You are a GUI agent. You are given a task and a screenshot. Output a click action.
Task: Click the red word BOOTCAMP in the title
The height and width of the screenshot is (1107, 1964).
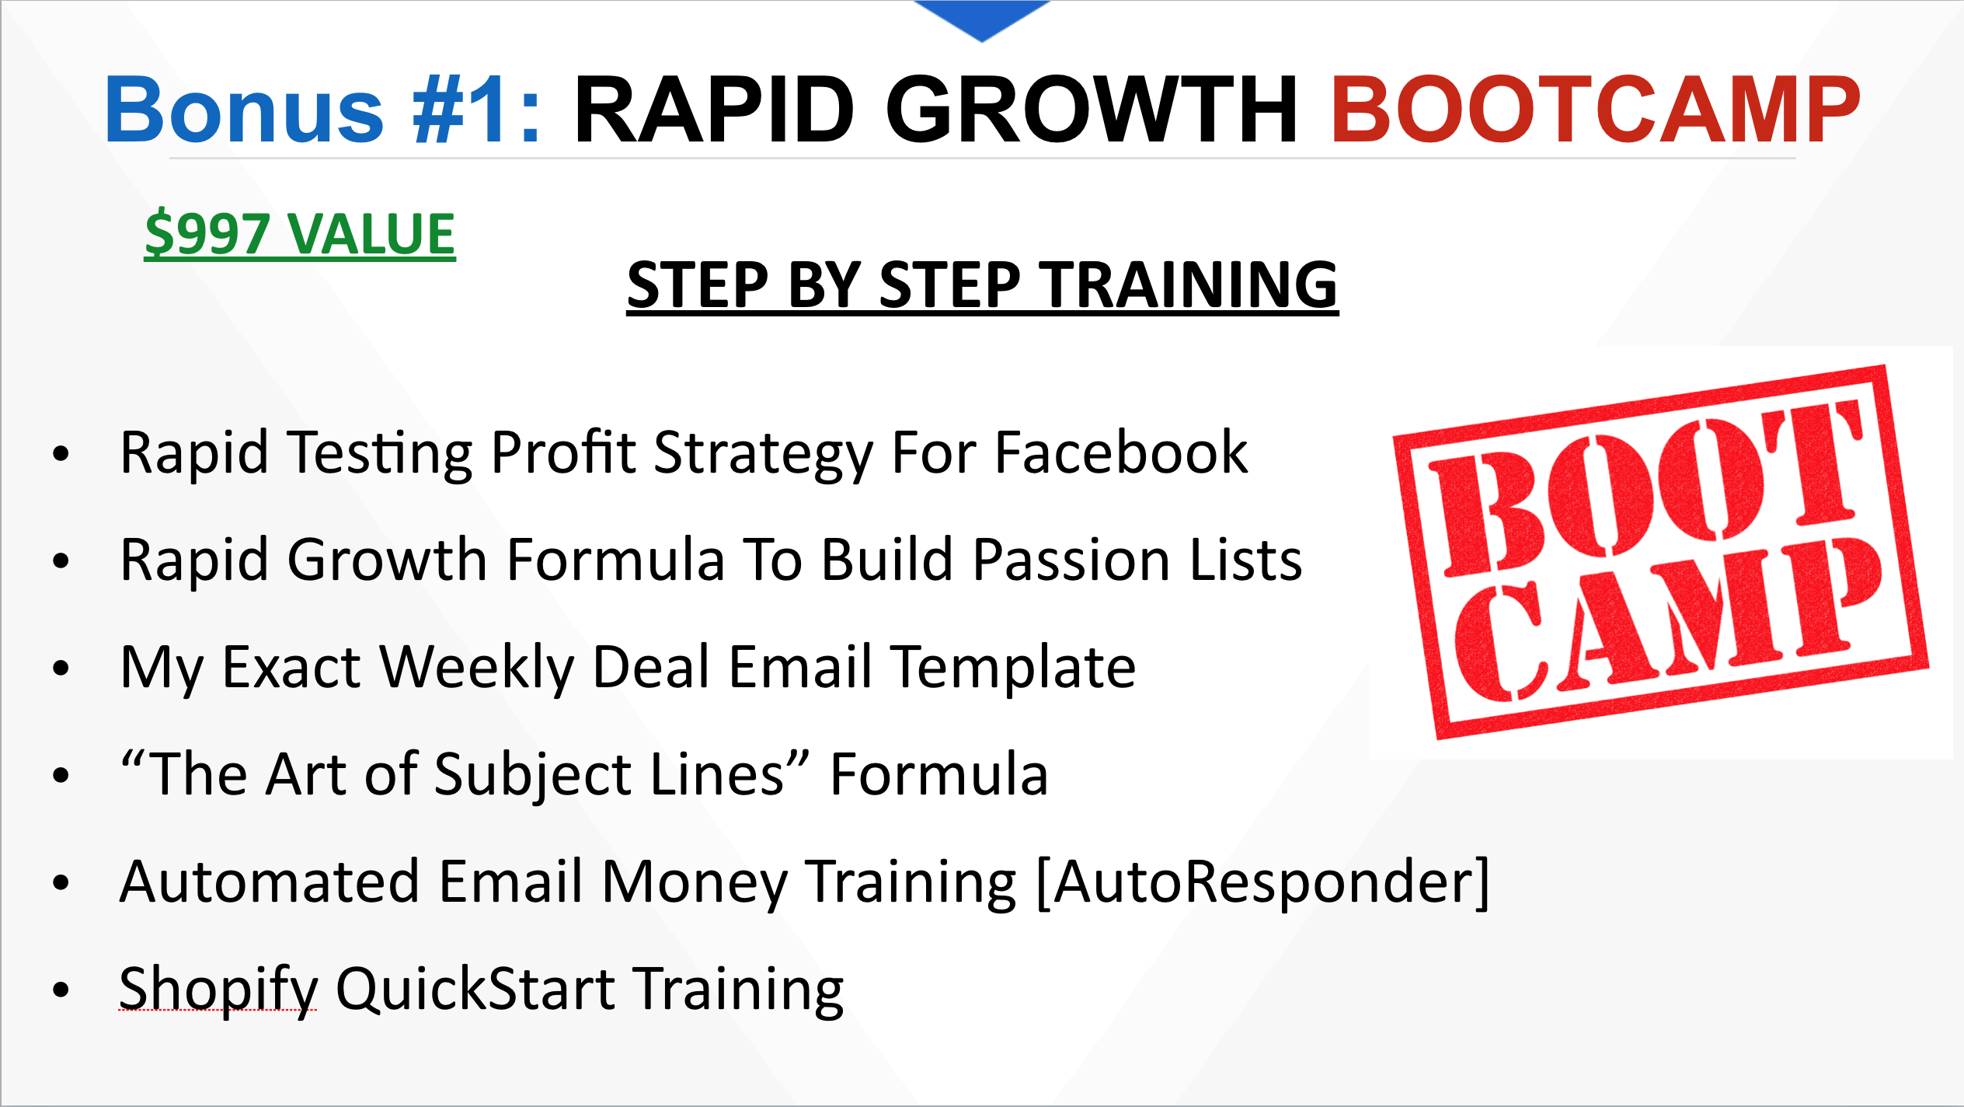coord(1596,110)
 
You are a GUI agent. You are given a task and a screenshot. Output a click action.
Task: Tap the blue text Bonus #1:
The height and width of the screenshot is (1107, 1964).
coord(323,110)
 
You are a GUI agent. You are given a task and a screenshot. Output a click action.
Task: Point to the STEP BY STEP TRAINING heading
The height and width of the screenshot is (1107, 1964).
coord(983,285)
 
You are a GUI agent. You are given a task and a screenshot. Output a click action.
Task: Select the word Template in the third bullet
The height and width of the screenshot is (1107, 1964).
coord(1013,668)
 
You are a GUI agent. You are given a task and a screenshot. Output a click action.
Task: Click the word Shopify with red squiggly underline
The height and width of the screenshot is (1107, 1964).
coord(218,990)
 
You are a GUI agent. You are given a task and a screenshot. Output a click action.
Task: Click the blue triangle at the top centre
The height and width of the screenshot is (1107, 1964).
coord(982,17)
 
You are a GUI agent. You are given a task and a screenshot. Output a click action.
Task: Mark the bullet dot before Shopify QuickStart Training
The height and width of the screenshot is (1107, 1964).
coord(61,990)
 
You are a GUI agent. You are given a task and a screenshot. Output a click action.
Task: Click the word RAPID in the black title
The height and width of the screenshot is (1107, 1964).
coord(714,110)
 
